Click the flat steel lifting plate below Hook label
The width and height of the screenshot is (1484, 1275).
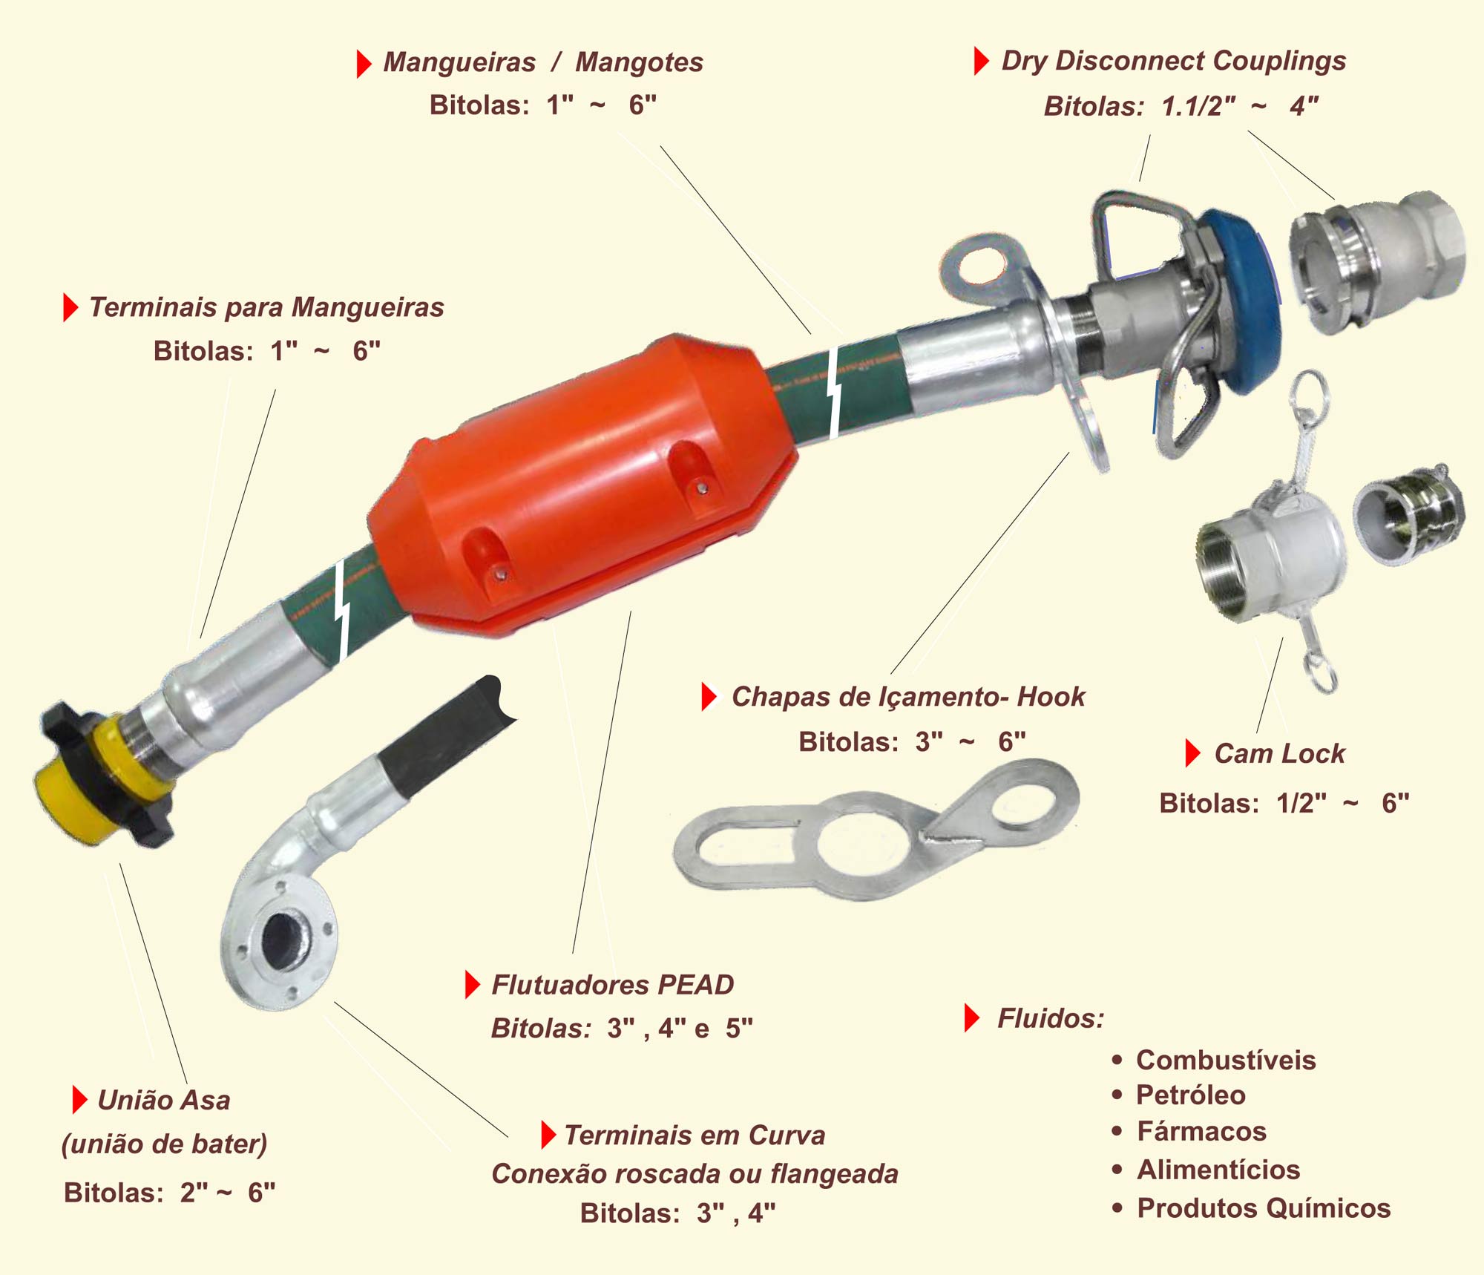(876, 831)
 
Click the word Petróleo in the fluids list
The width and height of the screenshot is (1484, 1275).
(1190, 1095)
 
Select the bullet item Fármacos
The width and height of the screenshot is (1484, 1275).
(1201, 1132)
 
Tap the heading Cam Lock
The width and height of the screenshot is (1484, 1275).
(1279, 753)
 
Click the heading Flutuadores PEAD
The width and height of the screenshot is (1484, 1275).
(612, 985)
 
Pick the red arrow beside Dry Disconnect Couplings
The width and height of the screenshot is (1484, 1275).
(981, 61)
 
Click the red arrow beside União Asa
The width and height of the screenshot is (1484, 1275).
(79, 1100)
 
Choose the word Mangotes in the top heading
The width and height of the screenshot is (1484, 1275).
(639, 62)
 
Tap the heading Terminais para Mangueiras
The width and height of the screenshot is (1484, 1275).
(266, 307)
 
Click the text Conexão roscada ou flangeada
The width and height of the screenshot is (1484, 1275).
(695, 1174)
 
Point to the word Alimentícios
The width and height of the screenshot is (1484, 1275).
(1218, 1170)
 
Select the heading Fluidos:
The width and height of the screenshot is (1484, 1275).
(1051, 1018)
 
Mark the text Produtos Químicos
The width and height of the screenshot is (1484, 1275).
(1264, 1208)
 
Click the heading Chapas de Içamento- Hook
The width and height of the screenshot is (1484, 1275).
(908, 697)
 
